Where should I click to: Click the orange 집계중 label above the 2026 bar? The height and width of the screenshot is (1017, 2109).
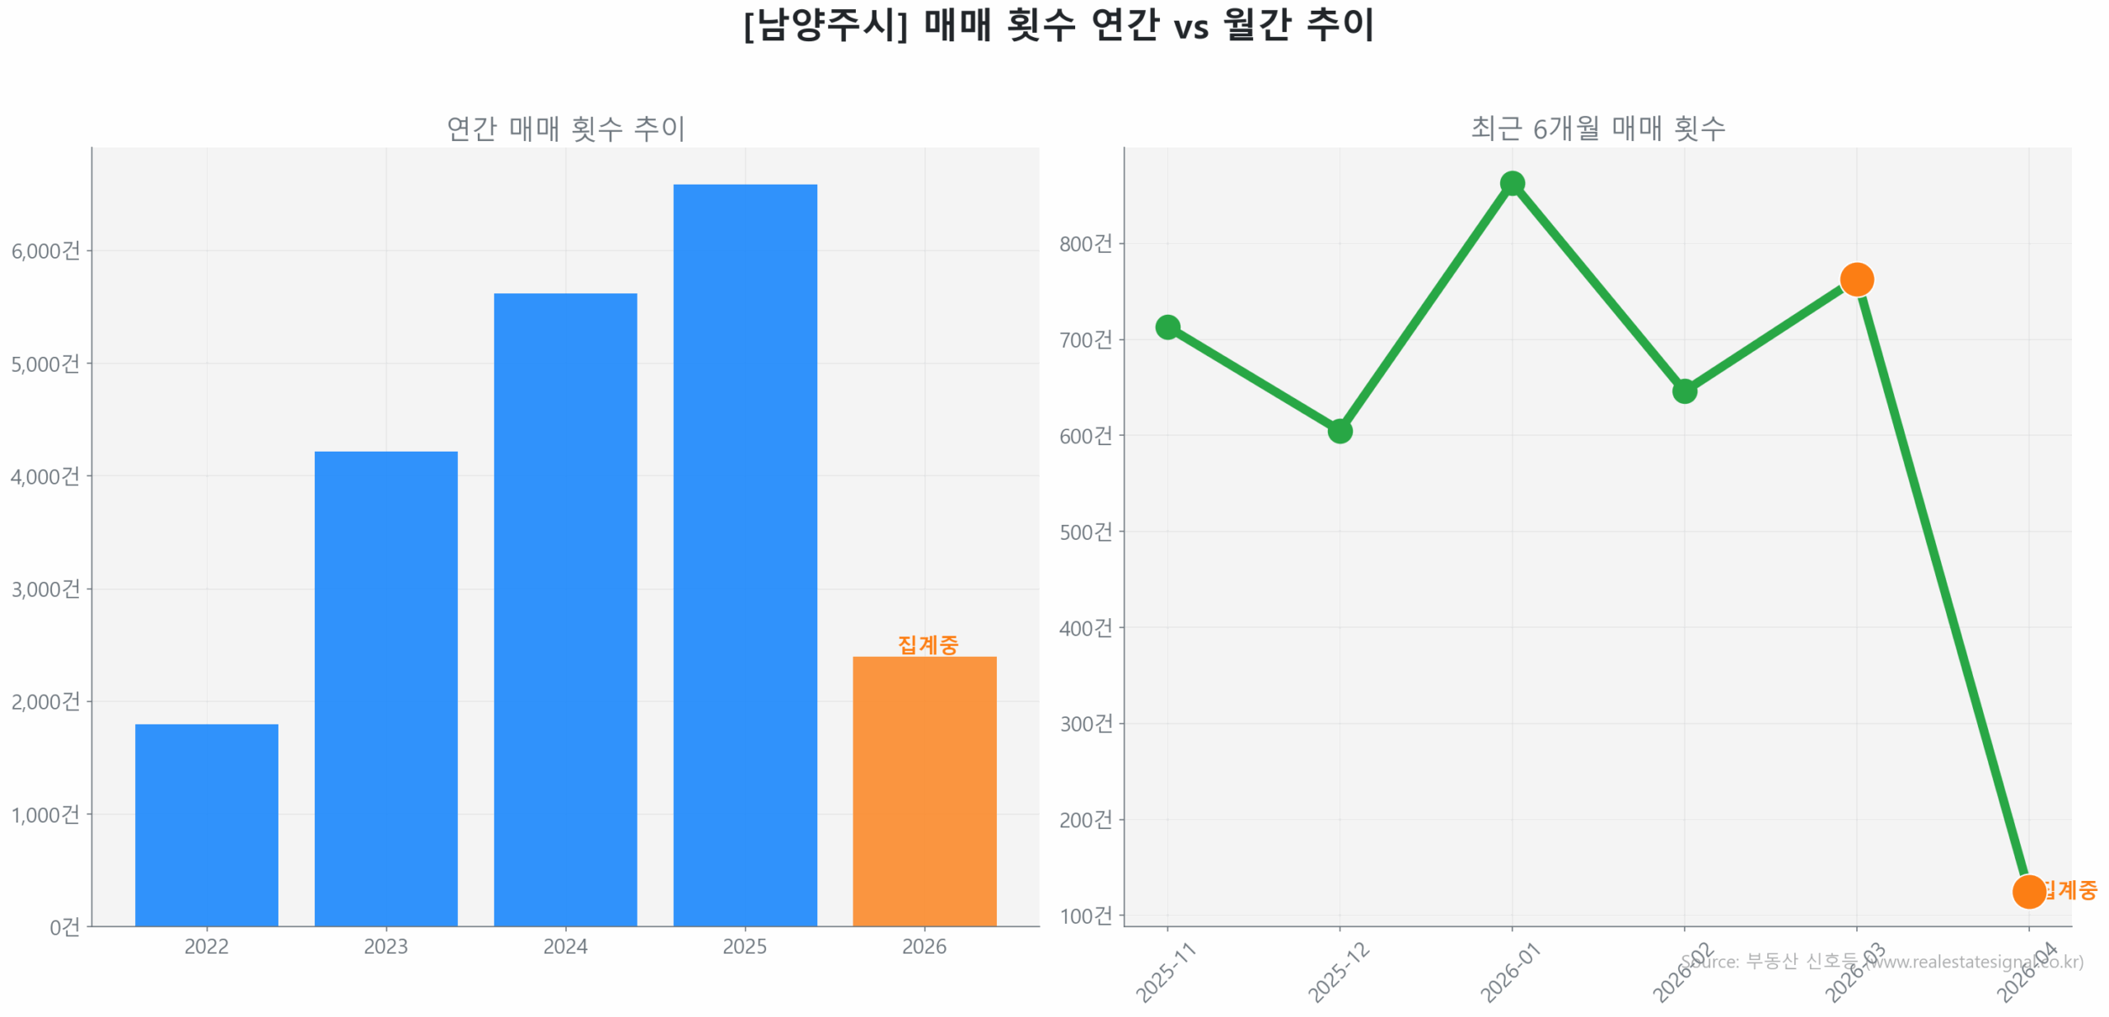pos(928,644)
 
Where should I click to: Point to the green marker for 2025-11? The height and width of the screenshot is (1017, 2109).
pos(1167,327)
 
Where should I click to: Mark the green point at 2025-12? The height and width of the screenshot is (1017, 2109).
pos(1340,431)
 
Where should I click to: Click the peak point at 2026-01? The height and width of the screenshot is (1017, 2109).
pos(1512,183)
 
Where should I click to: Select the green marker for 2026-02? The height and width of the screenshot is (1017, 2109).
pos(1684,391)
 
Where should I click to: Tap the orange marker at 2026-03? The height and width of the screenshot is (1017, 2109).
pos(1856,279)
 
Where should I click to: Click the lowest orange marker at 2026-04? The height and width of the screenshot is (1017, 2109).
pos(2028,891)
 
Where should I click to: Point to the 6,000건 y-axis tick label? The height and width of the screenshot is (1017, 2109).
pos(45,251)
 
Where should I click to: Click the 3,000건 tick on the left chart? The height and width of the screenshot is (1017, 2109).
pos(45,589)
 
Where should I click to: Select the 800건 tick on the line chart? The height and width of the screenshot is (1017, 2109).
pos(1085,244)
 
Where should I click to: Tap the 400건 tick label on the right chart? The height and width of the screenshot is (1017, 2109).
pos(1085,628)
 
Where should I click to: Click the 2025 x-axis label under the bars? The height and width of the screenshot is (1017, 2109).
pos(745,946)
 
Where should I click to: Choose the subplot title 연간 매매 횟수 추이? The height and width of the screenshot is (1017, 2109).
pos(565,129)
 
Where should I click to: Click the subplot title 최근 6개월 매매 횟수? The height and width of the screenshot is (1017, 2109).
pos(1597,129)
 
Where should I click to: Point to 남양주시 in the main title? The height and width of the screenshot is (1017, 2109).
pos(825,25)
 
